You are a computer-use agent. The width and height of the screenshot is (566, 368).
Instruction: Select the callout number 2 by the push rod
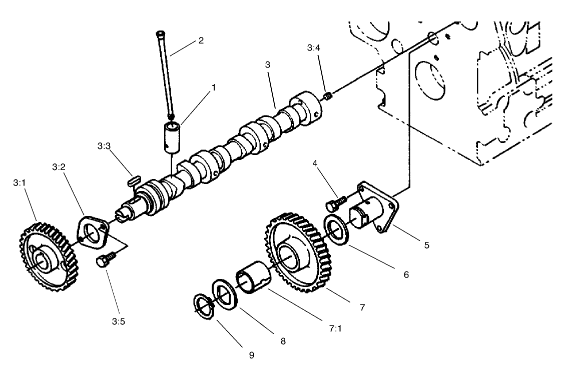tap(201, 40)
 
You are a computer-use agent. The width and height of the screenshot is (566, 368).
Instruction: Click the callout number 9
tap(252, 355)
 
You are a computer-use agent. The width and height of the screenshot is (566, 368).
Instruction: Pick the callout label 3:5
tap(119, 321)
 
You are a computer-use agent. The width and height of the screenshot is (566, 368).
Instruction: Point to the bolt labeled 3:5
tap(105, 260)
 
